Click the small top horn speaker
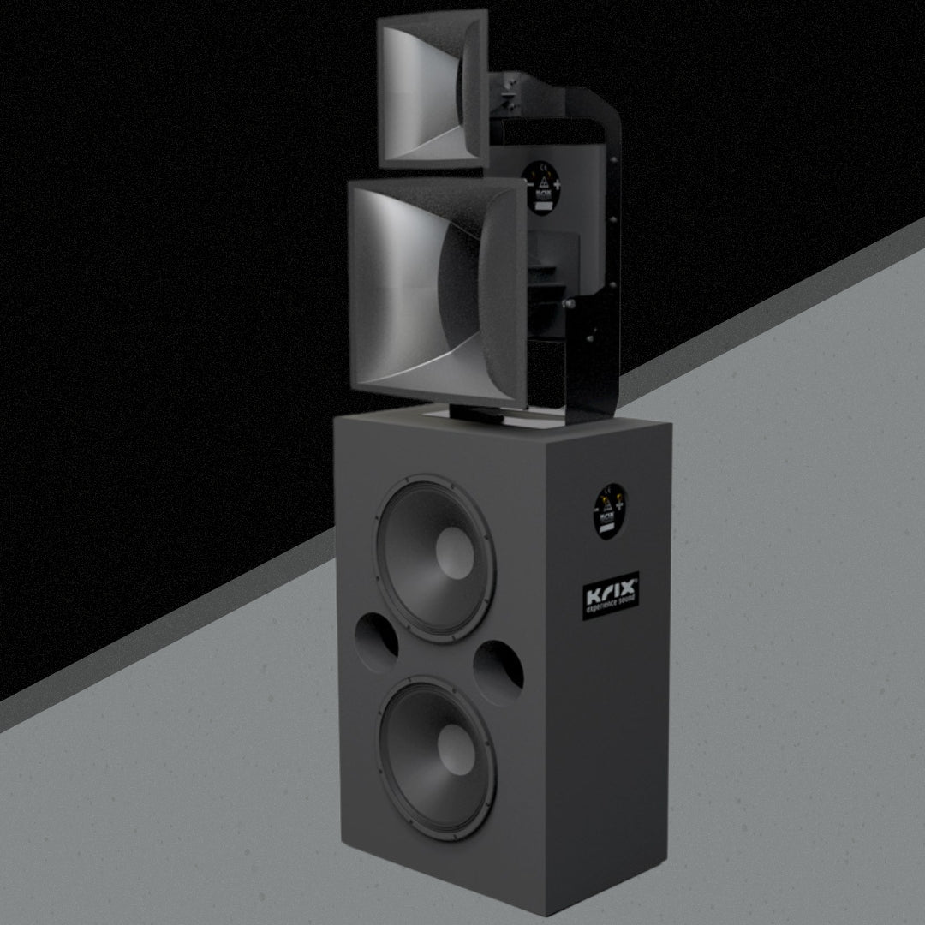(433, 90)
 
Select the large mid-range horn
(437, 291)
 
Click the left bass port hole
(376, 642)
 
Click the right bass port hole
(498, 671)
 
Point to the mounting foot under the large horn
(480, 414)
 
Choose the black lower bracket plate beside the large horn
(591, 343)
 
